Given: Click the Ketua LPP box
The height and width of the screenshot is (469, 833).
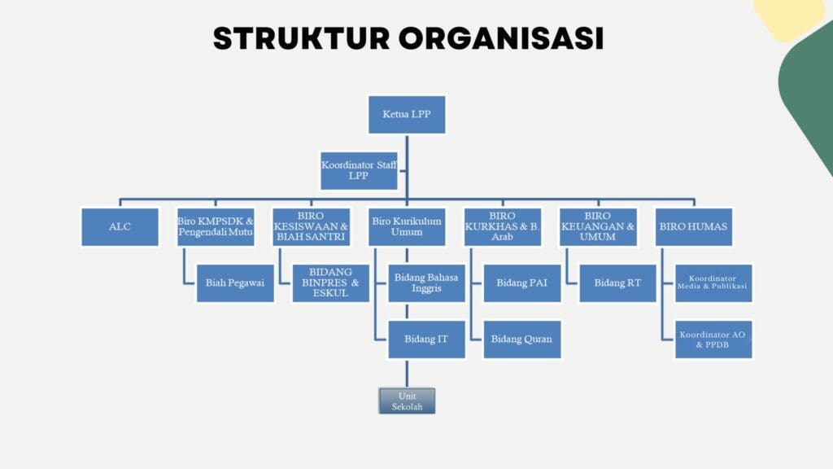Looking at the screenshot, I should pyautogui.click(x=407, y=115).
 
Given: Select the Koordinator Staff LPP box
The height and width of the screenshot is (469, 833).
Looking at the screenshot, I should pyautogui.click(x=359, y=170).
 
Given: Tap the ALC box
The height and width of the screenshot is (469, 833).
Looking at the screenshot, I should pyautogui.click(x=120, y=226).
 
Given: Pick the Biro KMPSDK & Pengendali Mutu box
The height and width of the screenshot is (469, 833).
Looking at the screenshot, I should pyautogui.click(x=216, y=226).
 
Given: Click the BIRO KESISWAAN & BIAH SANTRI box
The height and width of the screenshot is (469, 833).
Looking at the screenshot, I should pyautogui.click(x=311, y=226).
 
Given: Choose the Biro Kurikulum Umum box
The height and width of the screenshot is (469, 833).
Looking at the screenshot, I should pyautogui.click(x=407, y=226).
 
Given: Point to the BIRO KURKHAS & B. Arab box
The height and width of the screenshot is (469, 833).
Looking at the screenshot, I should pyautogui.click(x=503, y=226).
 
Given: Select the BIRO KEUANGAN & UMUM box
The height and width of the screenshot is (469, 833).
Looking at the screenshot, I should pyautogui.click(x=598, y=226).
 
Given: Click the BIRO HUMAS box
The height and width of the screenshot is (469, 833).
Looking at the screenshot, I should pyautogui.click(x=694, y=226).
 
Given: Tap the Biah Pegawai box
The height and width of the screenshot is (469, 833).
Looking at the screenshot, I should pyautogui.click(x=235, y=283).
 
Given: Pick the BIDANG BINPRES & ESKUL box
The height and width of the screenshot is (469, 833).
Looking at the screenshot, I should pyautogui.click(x=330, y=283).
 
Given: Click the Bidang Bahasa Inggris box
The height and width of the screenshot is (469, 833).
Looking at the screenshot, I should pyautogui.click(x=426, y=283).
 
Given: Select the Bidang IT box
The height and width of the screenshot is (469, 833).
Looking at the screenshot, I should pyautogui.click(x=426, y=338).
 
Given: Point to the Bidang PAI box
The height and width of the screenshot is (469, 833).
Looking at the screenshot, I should pyautogui.click(x=522, y=283).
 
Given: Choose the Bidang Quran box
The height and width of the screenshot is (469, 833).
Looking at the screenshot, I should pyautogui.click(x=522, y=338).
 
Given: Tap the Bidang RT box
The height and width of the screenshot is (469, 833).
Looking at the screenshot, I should pyautogui.click(x=617, y=283).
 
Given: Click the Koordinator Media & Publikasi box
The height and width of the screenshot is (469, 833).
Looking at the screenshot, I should pyautogui.click(x=713, y=283).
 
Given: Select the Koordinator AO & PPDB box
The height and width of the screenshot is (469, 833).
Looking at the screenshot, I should pyautogui.click(x=713, y=338).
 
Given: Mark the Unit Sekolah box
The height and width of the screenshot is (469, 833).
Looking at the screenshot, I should pyautogui.click(x=407, y=401).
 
